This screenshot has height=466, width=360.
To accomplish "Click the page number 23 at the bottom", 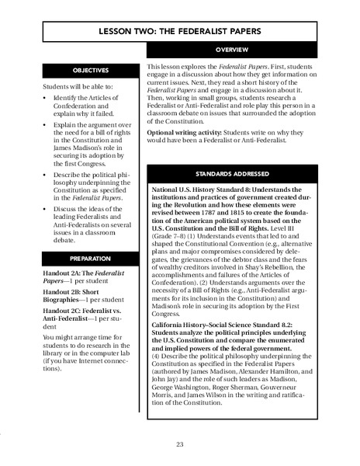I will click(179, 445).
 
